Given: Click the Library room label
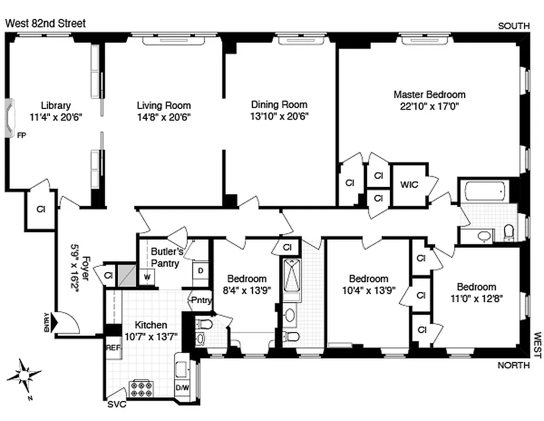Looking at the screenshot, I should tap(56, 105).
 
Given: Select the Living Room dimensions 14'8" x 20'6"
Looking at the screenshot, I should tap(164, 116).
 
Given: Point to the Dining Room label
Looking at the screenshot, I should tap(279, 105).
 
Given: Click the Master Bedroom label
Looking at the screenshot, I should tap(429, 95).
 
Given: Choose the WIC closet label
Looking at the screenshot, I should tap(409, 185).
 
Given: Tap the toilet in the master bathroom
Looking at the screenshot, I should tap(508, 231).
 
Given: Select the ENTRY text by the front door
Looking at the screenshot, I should tap(48, 323).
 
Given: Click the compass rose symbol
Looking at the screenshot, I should tap(24, 375).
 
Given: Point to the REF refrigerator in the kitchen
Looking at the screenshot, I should tap(114, 348).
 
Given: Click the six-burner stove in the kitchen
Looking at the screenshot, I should tap(141, 389).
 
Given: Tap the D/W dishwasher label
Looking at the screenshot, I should tap(182, 388).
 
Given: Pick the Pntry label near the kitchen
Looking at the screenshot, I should tap(200, 300).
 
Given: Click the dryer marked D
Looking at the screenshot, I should tap(201, 270).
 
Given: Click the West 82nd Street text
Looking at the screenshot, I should tap(45, 24).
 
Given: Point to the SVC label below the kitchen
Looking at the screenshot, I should tap(117, 405).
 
